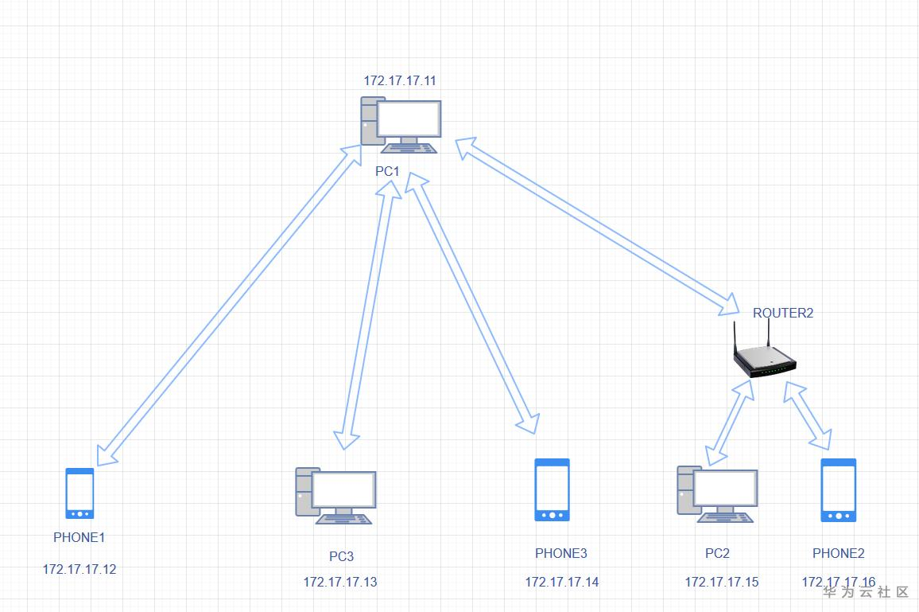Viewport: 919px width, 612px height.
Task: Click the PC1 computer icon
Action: pyautogui.click(x=401, y=126)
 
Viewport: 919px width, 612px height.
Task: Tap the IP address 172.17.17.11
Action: pyautogui.click(x=400, y=80)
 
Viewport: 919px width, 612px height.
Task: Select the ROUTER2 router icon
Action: pyautogui.click(x=765, y=360)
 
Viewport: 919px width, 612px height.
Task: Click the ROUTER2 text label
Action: pyautogui.click(x=783, y=313)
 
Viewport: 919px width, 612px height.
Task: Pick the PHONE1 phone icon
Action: pyautogui.click(x=79, y=493)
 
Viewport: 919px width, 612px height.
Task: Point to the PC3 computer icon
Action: pyautogui.click(x=335, y=495)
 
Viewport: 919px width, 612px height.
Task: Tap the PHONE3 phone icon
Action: pyautogui.click(x=553, y=489)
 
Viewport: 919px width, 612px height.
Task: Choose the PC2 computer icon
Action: pyautogui.click(x=717, y=493)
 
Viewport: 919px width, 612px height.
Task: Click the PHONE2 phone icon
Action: pyautogui.click(x=839, y=489)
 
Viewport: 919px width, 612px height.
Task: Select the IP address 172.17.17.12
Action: pyautogui.click(x=79, y=569)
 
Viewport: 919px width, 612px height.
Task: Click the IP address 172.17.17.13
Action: pyautogui.click(x=340, y=582)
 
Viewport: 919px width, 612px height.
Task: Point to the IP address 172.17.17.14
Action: pyautogui.click(x=562, y=582)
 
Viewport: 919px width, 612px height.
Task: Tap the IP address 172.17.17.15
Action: pyautogui.click(x=722, y=582)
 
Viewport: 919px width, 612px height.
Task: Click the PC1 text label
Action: pyautogui.click(x=388, y=171)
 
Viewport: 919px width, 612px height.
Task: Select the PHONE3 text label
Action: pyautogui.click(x=561, y=553)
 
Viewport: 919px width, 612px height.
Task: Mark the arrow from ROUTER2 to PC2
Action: pyautogui.click(x=730, y=422)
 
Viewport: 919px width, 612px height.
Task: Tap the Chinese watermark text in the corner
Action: pyautogui.click(x=866, y=592)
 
